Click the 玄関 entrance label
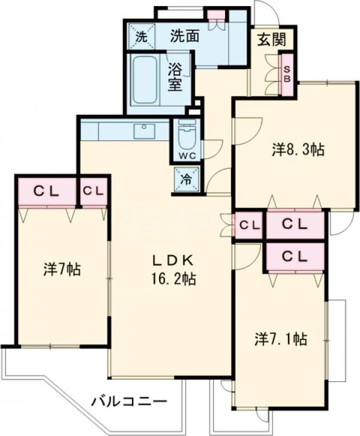click(x=272, y=39)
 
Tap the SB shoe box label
click(x=287, y=74)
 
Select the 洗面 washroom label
click(x=185, y=36)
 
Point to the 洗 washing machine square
click(x=142, y=37)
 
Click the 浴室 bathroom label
click(x=175, y=78)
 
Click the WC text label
click(x=187, y=156)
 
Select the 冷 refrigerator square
click(x=187, y=179)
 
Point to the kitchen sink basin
click(x=144, y=131)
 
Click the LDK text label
click(x=173, y=260)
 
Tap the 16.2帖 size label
click(x=173, y=279)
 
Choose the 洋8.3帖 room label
click(x=298, y=150)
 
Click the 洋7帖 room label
click(x=62, y=269)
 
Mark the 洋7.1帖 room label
click(x=281, y=339)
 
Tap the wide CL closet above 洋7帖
click(x=47, y=191)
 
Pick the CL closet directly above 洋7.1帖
click(x=295, y=256)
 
